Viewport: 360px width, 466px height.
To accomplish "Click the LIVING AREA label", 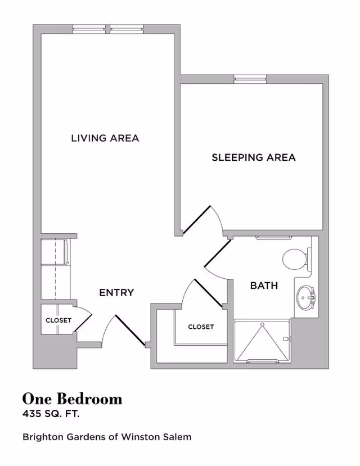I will click(105, 138).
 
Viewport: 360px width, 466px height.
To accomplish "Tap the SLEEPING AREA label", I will click(253, 157).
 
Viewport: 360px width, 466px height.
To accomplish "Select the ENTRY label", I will click(116, 292).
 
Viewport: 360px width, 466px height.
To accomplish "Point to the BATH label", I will click(264, 286).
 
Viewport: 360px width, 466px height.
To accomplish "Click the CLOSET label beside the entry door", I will click(58, 320).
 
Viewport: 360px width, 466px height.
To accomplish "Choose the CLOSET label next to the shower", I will click(201, 327).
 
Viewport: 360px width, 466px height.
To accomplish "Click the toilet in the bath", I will click(294, 259).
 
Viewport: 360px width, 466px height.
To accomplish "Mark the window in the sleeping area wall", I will click(250, 79).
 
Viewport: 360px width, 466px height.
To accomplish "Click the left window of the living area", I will click(89, 29).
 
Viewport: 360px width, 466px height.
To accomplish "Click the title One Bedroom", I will click(72, 399).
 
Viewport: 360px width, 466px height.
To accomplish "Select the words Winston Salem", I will click(163, 437).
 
